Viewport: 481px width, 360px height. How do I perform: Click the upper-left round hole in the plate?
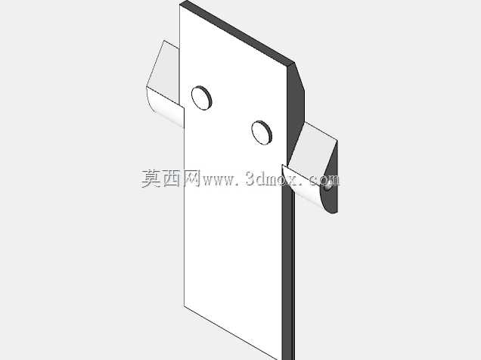(x=201, y=98)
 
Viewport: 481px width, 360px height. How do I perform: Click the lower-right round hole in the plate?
(x=262, y=132)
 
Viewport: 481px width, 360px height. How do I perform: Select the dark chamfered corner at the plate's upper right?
(x=296, y=107)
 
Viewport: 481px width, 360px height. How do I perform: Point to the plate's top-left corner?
(x=180, y=5)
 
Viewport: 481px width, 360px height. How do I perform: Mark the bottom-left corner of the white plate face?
(x=184, y=306)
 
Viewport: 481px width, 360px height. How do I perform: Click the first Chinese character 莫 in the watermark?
(x=151, y=178)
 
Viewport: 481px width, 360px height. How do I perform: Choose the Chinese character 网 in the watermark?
(x=192, y=178)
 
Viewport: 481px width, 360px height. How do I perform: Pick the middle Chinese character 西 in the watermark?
(x=172, y=178)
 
